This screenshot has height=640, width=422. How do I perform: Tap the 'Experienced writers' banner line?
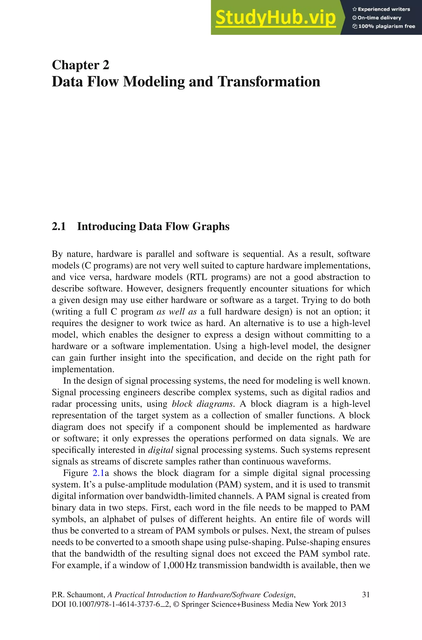(x=381, y=9)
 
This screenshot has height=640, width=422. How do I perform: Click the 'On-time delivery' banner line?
(x=377, y=18)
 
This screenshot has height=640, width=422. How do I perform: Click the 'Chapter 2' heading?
(x=81, y=65)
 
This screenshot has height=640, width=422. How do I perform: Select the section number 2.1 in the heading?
(x=59, y=226)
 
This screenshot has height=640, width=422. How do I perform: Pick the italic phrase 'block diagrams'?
(x=202, y=404)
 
